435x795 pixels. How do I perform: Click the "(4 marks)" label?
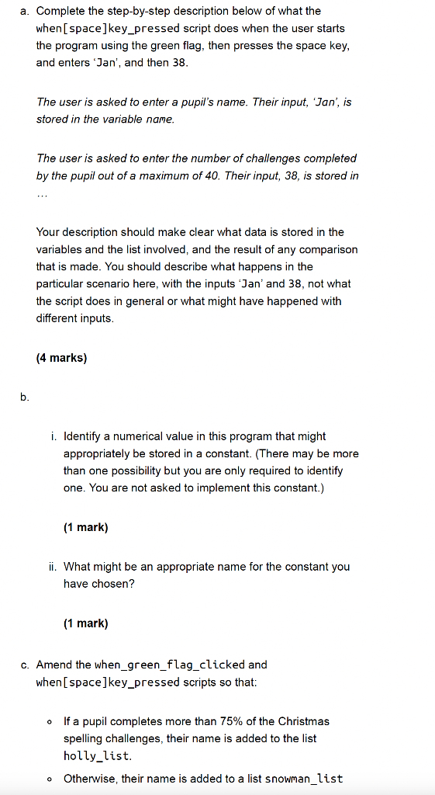[61, 359]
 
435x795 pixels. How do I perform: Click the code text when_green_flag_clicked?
[170, 665]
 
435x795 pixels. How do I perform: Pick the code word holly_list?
[97, 755]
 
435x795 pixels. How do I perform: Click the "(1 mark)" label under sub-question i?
[85, 528]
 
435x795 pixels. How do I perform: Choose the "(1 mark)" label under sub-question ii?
[85, 623]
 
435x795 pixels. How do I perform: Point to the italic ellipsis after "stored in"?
[43, 194]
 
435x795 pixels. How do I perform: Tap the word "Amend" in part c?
[54, 665]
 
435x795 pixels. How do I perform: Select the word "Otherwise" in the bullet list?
[89, 778]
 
